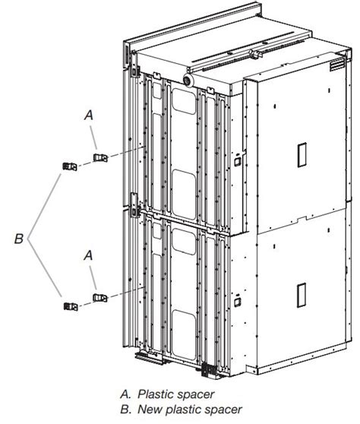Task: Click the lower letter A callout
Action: click(89, 256)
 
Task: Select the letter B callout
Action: click(19, 239)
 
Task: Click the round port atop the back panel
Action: click(188, 78)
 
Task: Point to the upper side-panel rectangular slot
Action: click(301, 155)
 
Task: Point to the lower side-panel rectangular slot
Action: click(301, 293)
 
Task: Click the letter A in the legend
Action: click(124, 394)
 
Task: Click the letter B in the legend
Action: click(124, 410)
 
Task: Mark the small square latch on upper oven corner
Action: click(236, 161)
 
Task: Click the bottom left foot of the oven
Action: click(149, 355)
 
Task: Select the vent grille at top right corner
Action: click(331, 67)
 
